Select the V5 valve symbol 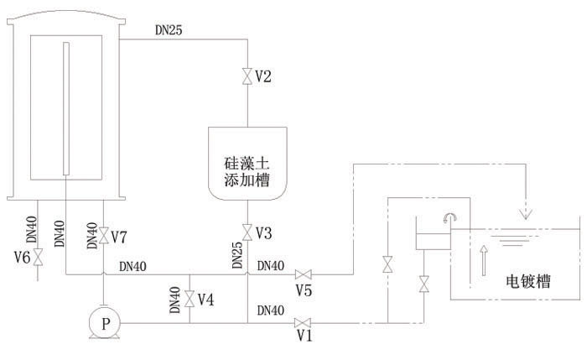point(306,274)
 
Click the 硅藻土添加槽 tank point(248,164)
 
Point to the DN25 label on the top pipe point(169,31)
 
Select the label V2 point(263,77)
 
